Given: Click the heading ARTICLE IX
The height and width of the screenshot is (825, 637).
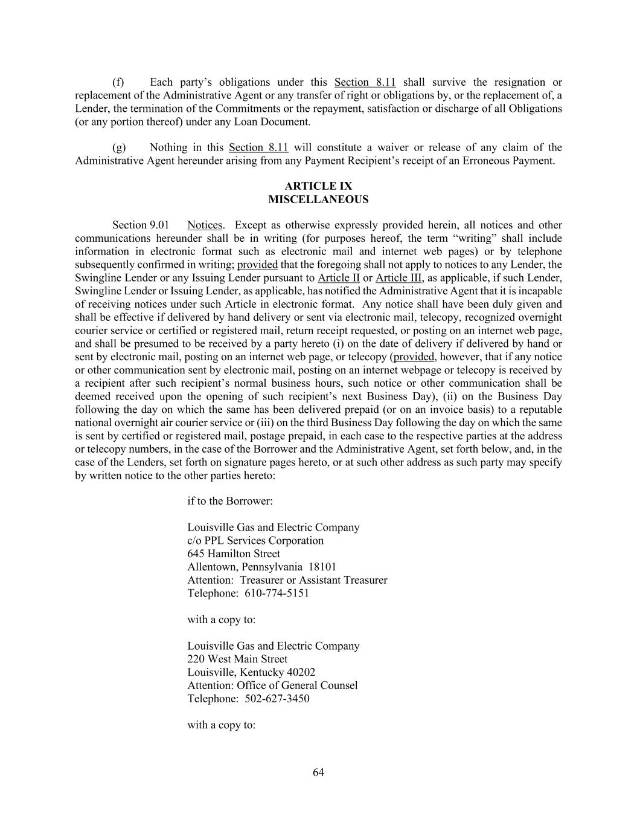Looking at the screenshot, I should pyautogui.click(x=318, y=186).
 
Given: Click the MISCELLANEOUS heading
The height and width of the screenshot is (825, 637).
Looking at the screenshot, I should pyautogui.click(x=318, y=199).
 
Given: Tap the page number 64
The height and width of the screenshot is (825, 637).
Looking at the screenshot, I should pyautogui.click(x=318, y=772).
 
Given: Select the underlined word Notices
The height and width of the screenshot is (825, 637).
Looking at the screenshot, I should pyautogui.click(x=205, y=225).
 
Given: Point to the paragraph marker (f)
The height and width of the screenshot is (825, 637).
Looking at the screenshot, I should pyautogui.click(x=118, y=82).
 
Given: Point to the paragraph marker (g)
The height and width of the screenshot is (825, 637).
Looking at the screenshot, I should pyautogui.click(x=119, y=147).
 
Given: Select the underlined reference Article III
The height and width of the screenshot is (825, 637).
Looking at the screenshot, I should pyautogui.click(x=399, y=278).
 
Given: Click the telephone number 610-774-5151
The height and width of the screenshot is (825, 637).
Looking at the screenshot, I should pyautogui.click(x=277, y=593).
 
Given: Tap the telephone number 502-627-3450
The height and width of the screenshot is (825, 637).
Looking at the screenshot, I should pyautogui.click(x=277, y=699).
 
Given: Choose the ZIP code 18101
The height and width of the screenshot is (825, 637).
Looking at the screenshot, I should pyautogui.click(x=322, y=567).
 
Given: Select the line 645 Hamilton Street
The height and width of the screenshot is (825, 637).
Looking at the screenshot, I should pyautogui.click(x=234, y=554).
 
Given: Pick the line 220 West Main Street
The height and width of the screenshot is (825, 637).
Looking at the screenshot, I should pyautogui.click(x=237, y=659).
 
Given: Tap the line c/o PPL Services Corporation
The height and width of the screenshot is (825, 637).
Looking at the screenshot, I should pyautogui.click(x=255, y=540).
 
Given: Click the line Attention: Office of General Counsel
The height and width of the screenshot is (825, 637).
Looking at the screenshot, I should pyautogui.click(x=272, y=685).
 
